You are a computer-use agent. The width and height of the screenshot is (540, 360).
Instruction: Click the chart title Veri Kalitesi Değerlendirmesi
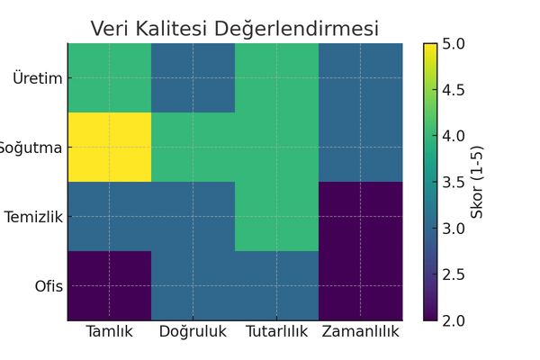(x=235, y=28)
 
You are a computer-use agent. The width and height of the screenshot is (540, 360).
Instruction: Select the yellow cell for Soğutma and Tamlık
(x=109, y=147)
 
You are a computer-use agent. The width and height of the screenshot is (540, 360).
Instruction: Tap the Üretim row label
(x=38, y=77)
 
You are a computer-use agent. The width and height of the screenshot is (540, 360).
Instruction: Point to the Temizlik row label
(x=33, y=217)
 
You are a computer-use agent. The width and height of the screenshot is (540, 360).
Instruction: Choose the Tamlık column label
(x=109, y=332)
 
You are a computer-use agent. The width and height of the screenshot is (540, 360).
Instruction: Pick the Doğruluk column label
(x=193, y=332)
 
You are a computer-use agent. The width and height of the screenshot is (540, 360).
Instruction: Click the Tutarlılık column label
(x=276, y=332)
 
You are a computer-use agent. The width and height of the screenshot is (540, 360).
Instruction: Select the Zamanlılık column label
(x=360, y=332)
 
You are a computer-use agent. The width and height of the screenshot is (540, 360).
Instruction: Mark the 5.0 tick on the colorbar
(x=455, y=43)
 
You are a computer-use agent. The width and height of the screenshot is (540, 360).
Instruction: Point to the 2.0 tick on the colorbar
(x=455, y=319)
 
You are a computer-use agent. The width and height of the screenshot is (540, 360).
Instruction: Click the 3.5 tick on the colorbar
(x=455, y=182)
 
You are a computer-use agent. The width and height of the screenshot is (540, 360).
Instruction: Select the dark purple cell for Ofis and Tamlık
(x=109, y=285)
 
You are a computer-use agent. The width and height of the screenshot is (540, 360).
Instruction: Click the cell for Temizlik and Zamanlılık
(x=360, y=216)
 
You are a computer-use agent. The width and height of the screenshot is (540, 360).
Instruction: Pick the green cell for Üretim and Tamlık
(x=109, y=77)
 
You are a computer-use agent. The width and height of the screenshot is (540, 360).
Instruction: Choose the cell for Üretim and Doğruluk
(x=193, y=77)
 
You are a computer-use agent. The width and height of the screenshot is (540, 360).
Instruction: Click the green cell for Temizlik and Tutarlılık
(x=276, y=216)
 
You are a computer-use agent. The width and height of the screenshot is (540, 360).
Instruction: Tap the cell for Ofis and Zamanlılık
(x=360, y=285)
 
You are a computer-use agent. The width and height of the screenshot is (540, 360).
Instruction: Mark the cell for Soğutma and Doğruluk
(x=193, y=147)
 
